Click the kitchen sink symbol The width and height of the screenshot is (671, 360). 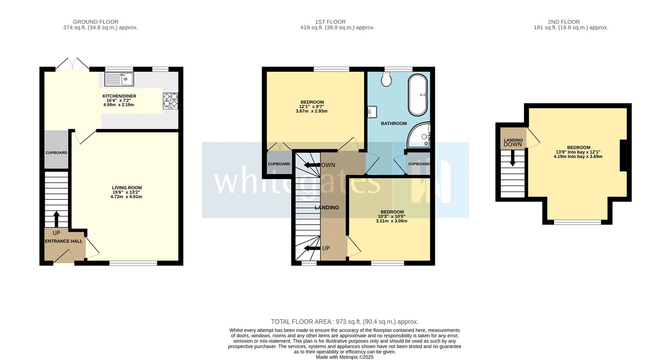pos(119,79)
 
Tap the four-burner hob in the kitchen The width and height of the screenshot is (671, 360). pos(170,101)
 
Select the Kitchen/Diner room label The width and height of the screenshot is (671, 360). pos(119,96)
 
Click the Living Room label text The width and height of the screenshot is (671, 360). pos(127,188)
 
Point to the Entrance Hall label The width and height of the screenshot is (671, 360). pos(64,241)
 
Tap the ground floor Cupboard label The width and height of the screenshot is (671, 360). pos(56,153)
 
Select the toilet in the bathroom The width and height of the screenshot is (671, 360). pos(387,79)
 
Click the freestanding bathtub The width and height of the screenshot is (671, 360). pos(418,95)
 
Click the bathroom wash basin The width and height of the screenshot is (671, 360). pos(372,112)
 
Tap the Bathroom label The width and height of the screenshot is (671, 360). pos(394,123)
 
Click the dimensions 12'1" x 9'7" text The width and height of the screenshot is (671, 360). pos(312,106)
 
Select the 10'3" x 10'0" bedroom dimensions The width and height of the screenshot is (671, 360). pos(391,216)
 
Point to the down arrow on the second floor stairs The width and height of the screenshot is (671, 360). pos(512,159)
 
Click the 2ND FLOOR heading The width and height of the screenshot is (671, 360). pos(564,22)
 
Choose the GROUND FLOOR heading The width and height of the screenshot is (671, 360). pos(96,22)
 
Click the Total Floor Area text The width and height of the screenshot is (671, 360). pos(344,322)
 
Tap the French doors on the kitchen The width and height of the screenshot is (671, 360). pos(72,64)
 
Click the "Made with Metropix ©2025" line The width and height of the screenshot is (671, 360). pos(344,357)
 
